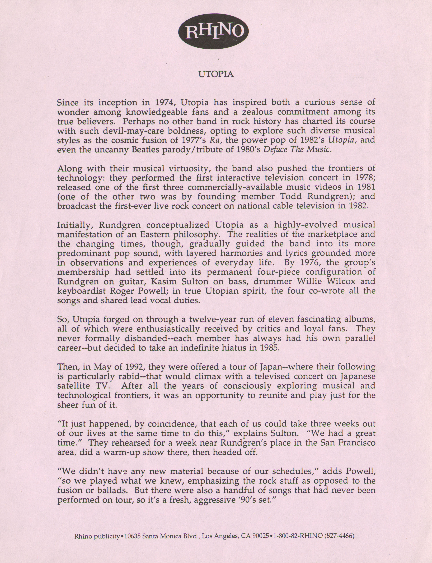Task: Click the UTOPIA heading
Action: tap(216, 74)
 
